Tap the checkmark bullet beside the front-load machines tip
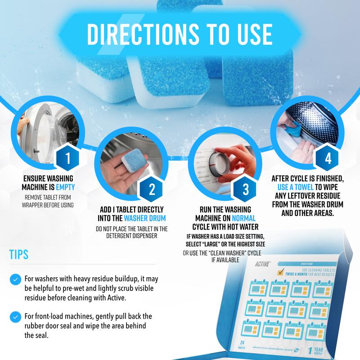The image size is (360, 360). pyautogui.click(x=16, y=315)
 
